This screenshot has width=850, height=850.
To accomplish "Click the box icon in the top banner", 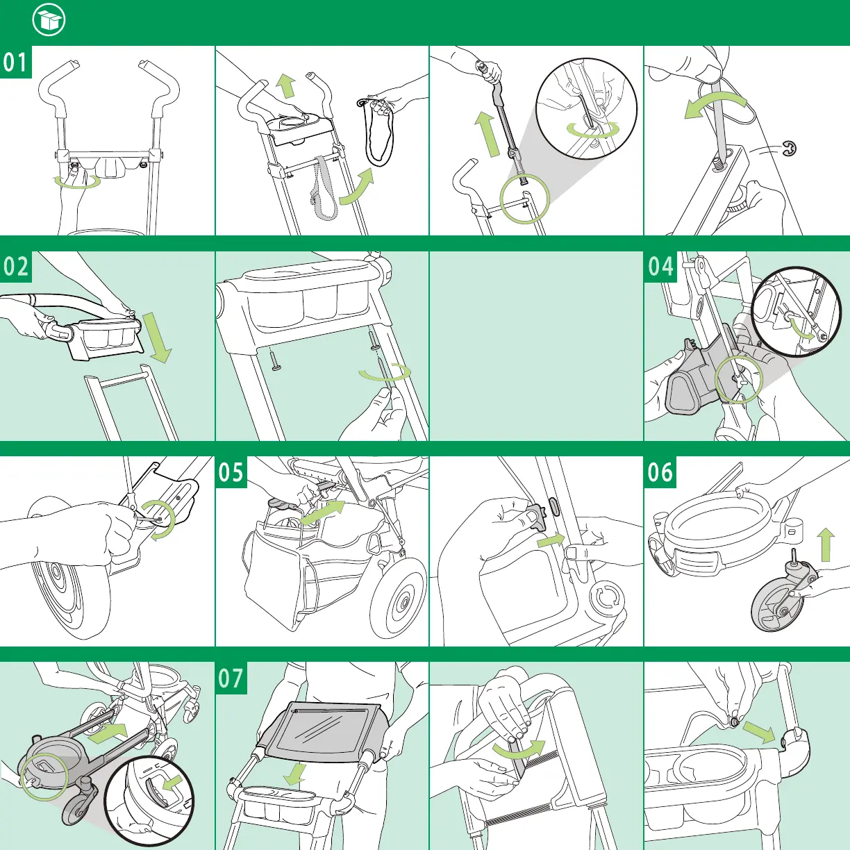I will coord(49,22).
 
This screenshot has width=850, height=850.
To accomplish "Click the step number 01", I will coord(15,62).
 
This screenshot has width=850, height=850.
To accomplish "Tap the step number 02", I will coord(15,267).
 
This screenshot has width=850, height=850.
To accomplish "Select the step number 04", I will coord(660,267).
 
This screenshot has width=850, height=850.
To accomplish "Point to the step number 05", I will coord(232,472).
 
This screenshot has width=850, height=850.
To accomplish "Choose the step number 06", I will coord(660,472).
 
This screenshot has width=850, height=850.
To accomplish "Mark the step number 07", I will coord(232,678).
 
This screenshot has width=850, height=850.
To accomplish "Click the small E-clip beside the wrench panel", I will coord(790,148).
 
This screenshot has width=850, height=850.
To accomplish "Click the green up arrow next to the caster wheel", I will coord(826,544).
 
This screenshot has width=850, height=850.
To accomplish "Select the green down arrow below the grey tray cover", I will coord(298,772).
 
